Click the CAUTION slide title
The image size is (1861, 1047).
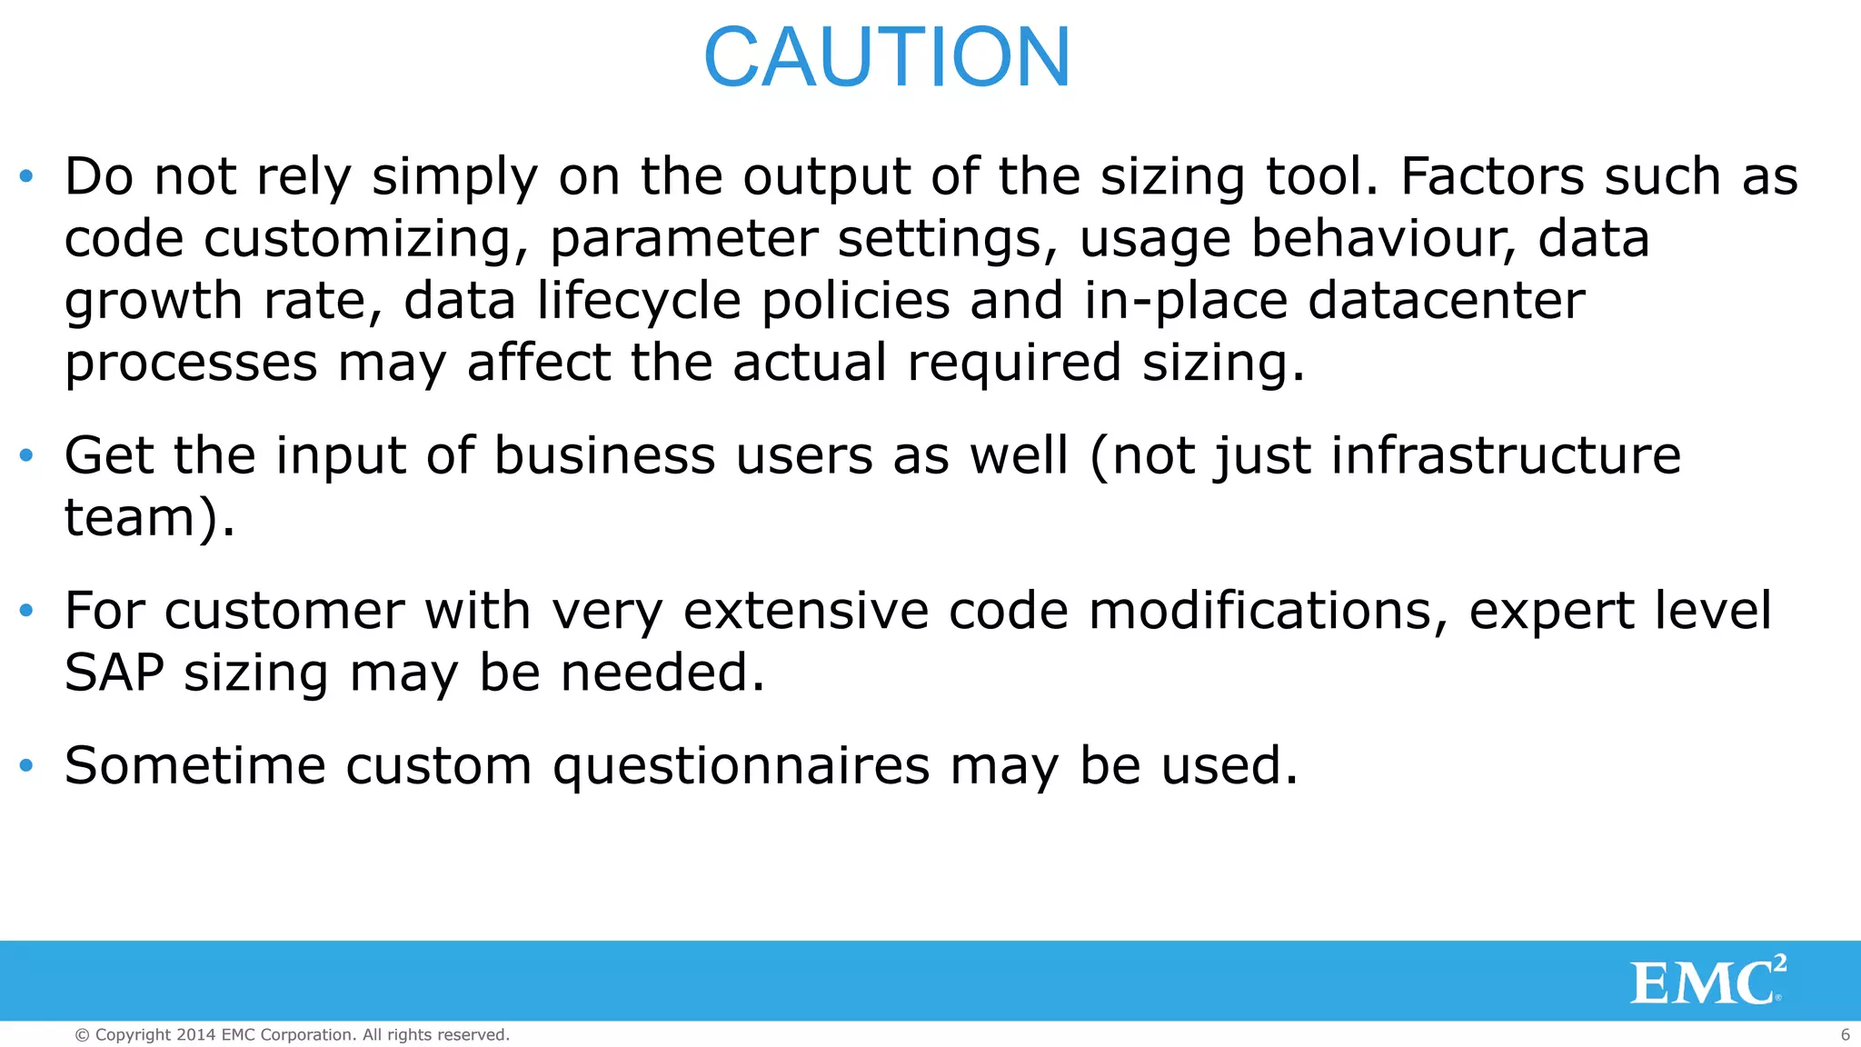pyautogui.click(x=887, y=57)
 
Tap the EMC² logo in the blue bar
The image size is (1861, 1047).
pyautogui.click(x=1707, y=981)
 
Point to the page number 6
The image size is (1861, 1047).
pyautogui.click(x=1845, y=1034)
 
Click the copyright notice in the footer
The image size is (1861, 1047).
pyautogui.click(x=292, y=1035)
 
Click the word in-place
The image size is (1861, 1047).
pyautogui.click(x=1186, y=301)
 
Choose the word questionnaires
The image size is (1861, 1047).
pyautogui.click(x=741, y=766)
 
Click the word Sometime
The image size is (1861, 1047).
pyautogui.click(x=194, y=765)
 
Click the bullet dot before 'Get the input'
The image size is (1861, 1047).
pyautogui.click(x=26, y=454)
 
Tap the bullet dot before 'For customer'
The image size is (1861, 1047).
pyautogui.click(x=26, y=610)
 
